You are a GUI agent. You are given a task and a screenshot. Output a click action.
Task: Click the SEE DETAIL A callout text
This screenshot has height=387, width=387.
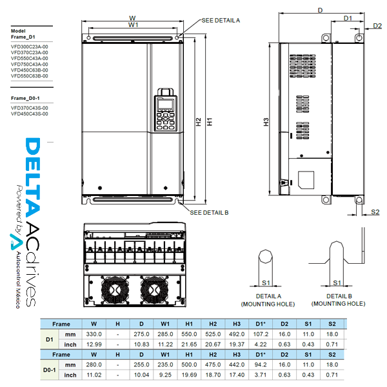pyautogui.click(x=221, y=21)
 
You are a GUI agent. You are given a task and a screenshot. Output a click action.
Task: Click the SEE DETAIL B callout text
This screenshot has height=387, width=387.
pyautogui.click(x=209, y=212)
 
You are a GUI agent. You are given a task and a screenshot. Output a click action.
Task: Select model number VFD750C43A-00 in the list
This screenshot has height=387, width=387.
pyautogui.click(x=30, y=64)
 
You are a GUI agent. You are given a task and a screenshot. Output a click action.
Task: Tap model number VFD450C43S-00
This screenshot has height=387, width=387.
pyautogui.click(x=30, y=114)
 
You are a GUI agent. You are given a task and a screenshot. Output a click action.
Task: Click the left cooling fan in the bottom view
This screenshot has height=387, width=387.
pyautogui.click(x=115, y=289)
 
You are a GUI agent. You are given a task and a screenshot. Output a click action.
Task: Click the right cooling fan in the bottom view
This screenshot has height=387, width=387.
pyautogui.click(x=154, y=289)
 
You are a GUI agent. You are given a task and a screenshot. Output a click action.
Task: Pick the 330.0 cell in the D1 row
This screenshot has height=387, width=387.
pyautogui.click(x=94, y=334)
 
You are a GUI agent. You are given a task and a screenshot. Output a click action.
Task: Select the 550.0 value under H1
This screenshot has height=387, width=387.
pyautogui.click(x=189, y=334)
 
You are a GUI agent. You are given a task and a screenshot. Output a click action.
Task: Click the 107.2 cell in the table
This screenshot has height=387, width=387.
pyautogui.click(x=261, y=334)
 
